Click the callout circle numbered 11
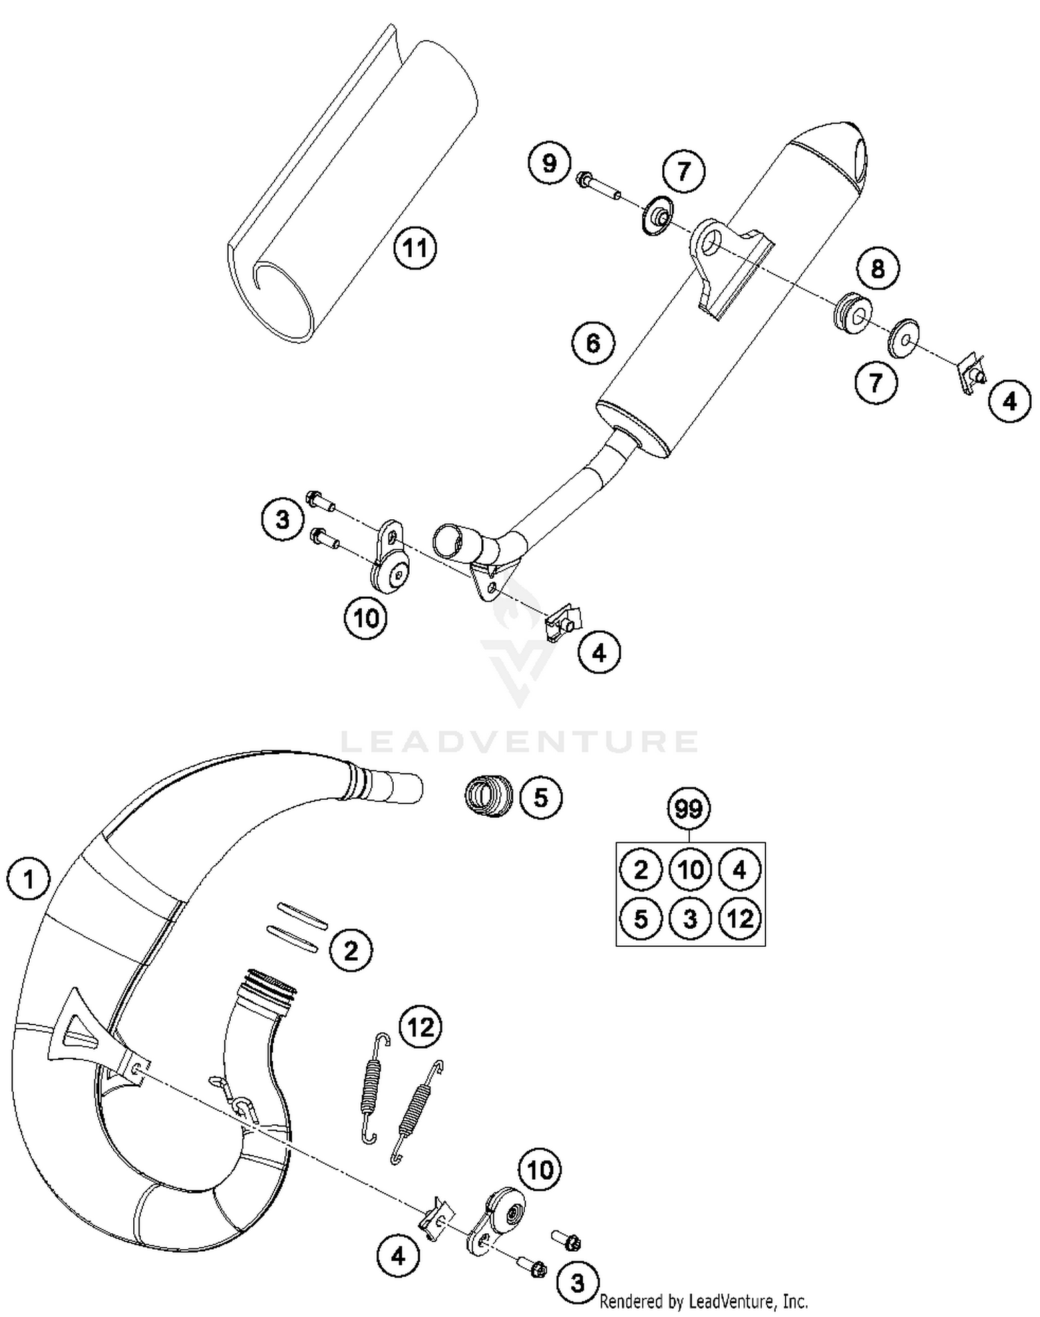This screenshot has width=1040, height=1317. pyautogui.click(x=415, y=247)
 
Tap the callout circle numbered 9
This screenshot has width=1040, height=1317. pyautogui.click(x=548, y=164)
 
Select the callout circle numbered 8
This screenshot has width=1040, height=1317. pyautogui.click(x=877, y=268)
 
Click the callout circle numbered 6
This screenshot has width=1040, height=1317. pyautogui.click(x=593, y=342)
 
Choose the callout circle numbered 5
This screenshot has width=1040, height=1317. pyautogui.click(x=541, y=797)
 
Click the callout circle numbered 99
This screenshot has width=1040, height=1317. pyautogui.click(x=688, y=808)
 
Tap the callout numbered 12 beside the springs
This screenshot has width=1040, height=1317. pyautogui.click(x=421, y=1027)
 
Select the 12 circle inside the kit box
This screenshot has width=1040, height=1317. pyautogui.click(x=740, y=918)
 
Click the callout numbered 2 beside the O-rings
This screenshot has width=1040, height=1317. pyautogui.click(x=351, y=950)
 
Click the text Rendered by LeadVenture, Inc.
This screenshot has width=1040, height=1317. pyautogui.click(x=703, y=1300)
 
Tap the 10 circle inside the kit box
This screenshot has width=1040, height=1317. pyautogui.click(x=691, y=869)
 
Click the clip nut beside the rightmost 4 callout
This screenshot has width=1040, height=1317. pyautogui.click(x=971, y=375)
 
